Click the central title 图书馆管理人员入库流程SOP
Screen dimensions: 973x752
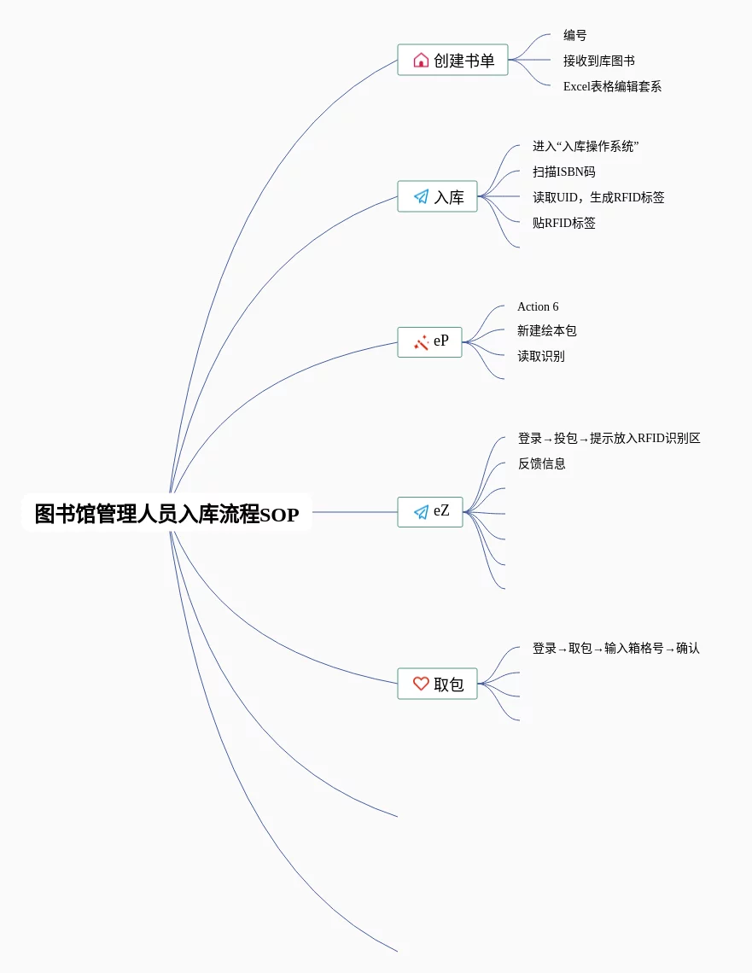click(x=166, y=514)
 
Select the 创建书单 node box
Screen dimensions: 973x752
click(x=452, y=60)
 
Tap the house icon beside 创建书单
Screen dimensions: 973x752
click(x=421, y=60)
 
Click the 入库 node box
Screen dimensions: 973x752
click(x=437, y=196)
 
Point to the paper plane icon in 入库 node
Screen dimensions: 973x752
click(x=421, y=197)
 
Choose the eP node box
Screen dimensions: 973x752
click(x=429, y=341)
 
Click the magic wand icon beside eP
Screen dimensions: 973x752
click(x=421, y=342)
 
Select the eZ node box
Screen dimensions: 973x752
click(x=430, y=511)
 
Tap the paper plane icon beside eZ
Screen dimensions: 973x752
click(x=421, y=512)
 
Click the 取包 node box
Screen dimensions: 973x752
click(x=437, y=684)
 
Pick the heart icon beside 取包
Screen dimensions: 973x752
click(x=421, y=684)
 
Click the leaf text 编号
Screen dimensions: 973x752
click(x=574, y=35)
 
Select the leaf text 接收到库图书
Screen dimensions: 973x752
click(x=598, y=61)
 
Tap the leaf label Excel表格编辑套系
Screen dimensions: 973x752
click(x=612, y=86)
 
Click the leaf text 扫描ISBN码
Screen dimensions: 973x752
click(x=563, y=172)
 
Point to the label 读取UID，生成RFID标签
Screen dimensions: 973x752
click(x=598, y=197)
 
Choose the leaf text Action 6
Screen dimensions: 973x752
click(x=538, y=306)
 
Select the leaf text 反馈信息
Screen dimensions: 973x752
click(x=541, y=463)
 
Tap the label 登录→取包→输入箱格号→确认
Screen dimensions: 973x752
click(x=615, y=648)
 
